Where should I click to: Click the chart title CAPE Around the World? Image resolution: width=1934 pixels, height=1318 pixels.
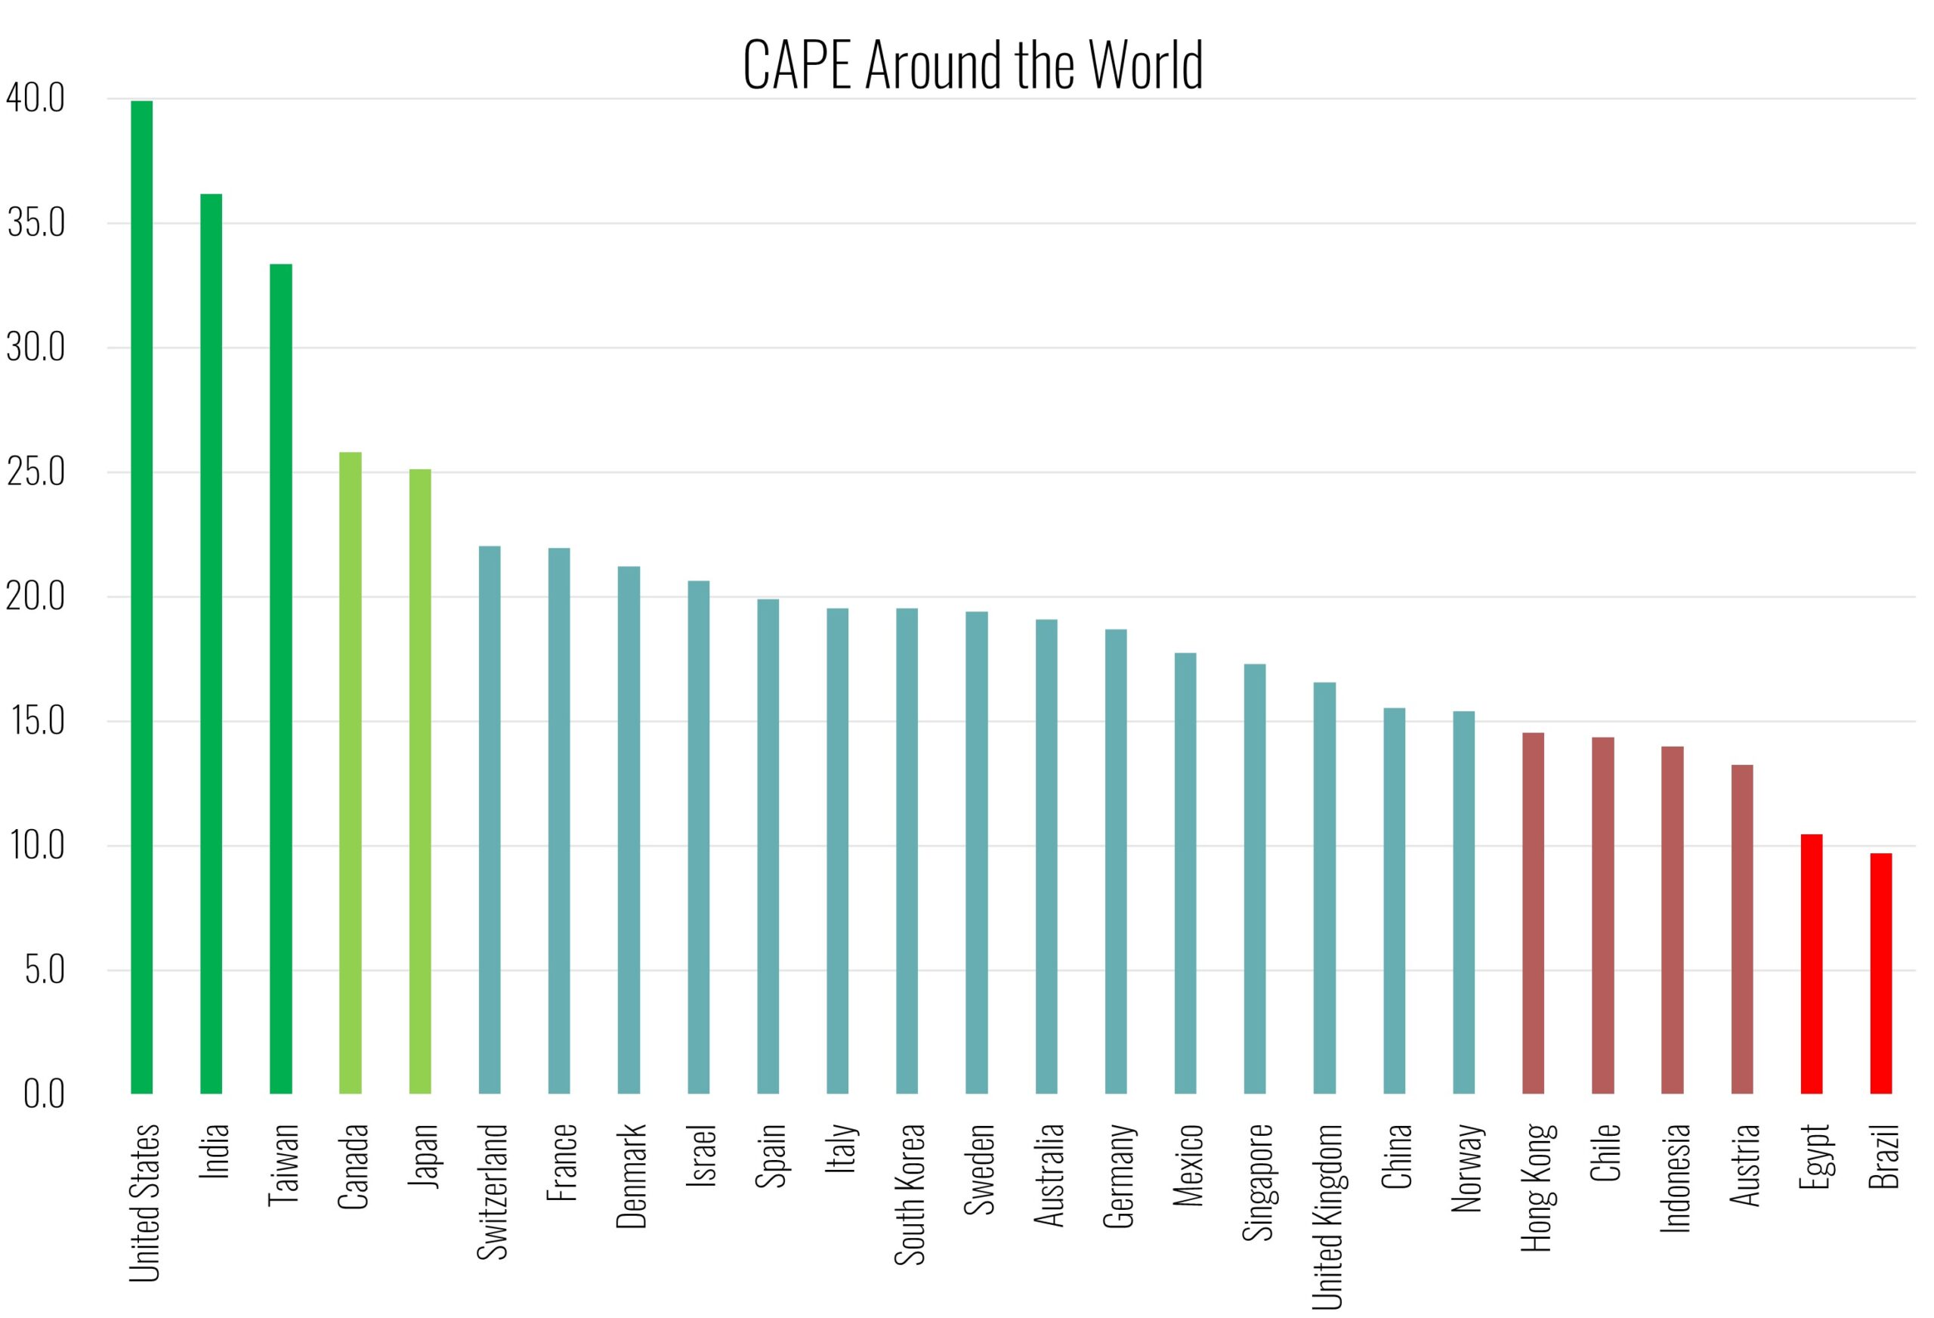tap(972, 65)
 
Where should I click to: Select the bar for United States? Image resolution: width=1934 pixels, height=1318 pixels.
tap(141, 596)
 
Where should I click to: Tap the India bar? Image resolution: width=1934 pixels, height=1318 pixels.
tap(212, 643)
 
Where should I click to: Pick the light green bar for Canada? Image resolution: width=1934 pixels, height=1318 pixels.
tap(351, 772)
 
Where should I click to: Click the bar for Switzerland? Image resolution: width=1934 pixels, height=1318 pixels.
tap(490, 819)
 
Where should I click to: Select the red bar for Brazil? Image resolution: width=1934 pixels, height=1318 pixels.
tap(1881, 973)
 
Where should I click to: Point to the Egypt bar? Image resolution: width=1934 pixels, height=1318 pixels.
tap(1812, 964)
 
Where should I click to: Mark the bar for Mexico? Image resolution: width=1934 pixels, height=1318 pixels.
tap(1185, 873)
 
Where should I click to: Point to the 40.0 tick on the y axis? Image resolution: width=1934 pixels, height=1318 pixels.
tap(36, 99)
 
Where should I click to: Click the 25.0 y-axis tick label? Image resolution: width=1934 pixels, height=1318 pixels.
tap(36, 472)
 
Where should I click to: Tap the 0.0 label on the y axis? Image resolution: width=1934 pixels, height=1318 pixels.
tap(43, 1094)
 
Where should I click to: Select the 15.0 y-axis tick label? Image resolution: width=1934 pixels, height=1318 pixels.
tap(38, 721)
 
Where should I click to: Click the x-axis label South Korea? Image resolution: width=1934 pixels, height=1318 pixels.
tap(909, 1194)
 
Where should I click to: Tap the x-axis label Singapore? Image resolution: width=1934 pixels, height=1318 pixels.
tap(1257, 1182)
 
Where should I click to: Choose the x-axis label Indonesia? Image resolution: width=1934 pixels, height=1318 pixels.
tap(1674, 1177)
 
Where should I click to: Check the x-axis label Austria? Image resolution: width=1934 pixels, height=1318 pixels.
tap(1744, 1165)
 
